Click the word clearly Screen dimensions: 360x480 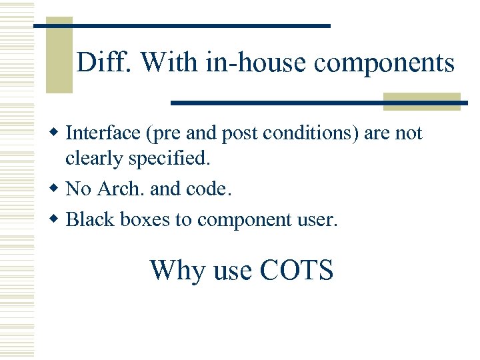93,160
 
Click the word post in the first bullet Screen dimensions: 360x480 242,134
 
